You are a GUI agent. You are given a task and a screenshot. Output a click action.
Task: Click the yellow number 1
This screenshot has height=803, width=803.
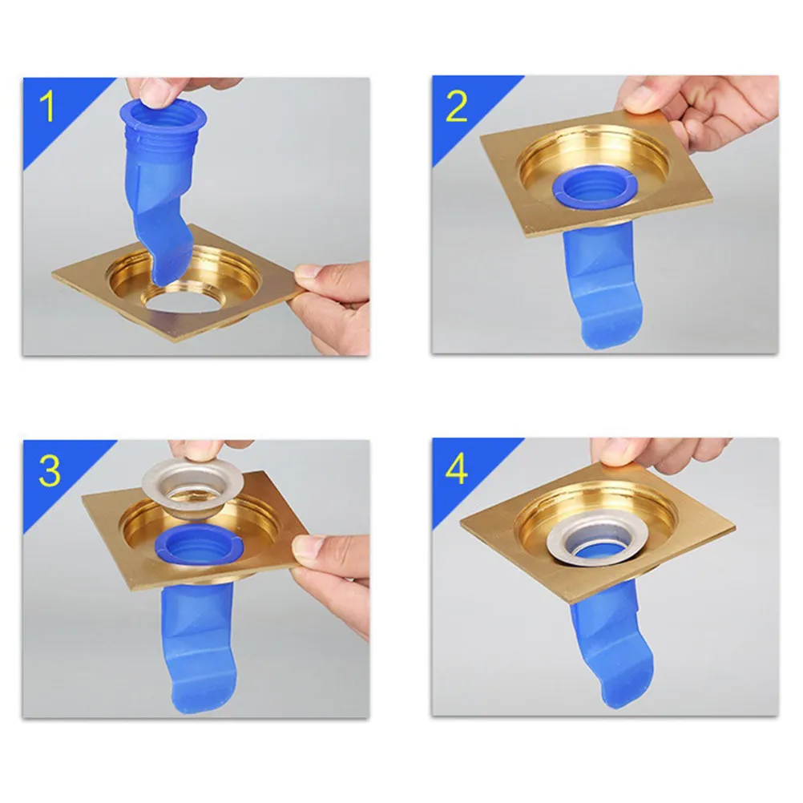47,107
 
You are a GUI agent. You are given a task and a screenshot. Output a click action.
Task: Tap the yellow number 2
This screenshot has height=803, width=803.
457,107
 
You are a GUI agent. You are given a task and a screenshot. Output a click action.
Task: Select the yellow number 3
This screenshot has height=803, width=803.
49,470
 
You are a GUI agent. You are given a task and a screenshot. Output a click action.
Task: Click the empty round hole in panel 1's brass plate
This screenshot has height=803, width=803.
183,303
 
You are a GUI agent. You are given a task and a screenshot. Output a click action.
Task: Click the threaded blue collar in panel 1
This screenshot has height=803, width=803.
163,129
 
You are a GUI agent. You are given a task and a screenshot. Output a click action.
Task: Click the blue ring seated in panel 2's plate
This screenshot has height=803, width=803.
594,189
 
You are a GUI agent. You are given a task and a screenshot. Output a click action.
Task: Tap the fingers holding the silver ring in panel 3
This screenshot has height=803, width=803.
205,450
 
